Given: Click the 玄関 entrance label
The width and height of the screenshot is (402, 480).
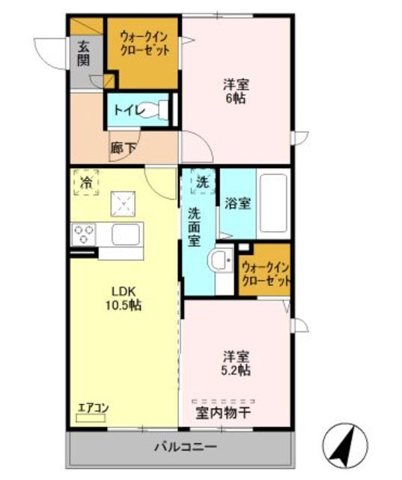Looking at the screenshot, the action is point(83,53).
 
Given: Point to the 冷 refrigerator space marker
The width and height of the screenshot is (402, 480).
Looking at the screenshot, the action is point(86,182).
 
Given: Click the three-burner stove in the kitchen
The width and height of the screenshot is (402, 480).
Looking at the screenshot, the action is point(83,234).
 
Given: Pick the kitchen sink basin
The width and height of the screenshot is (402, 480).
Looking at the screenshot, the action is point(125,234).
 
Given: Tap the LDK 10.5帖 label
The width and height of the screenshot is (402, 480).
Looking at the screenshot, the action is point(124,298).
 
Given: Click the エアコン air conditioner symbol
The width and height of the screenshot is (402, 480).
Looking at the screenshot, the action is point(91,418).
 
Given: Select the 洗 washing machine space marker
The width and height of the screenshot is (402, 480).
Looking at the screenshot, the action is point(203,181).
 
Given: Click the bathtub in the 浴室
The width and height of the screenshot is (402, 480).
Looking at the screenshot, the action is point(273,203).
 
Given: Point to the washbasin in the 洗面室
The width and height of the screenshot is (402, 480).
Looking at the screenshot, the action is point(221,260).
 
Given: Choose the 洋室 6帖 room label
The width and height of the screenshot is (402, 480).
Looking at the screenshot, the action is point(236,91).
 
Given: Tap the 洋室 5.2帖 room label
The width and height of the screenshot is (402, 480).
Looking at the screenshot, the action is point(236,363).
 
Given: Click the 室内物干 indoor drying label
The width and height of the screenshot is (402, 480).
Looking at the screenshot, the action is point(223,413).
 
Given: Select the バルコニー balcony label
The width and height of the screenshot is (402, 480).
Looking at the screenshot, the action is point(186,447).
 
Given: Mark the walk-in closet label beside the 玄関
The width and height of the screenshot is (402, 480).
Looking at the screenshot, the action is point(144,43).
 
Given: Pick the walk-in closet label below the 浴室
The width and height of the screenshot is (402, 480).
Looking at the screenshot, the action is point(265,274).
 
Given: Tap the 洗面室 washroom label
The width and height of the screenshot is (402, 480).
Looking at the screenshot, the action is point(194,226).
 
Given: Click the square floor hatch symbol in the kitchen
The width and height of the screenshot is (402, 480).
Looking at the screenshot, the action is point(123,204).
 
